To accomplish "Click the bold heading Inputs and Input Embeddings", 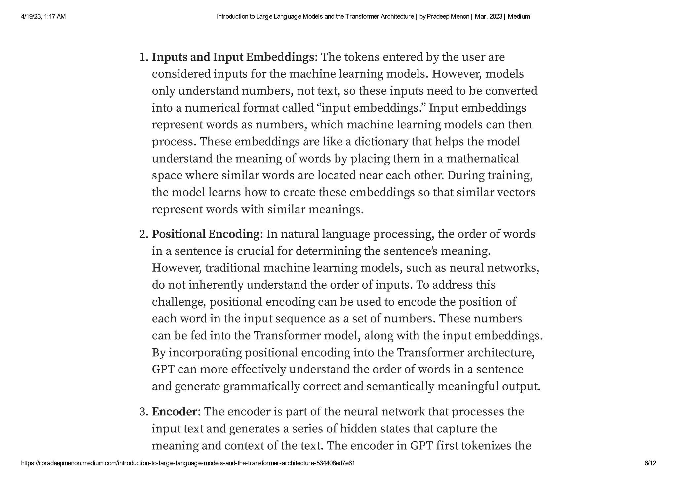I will (233, 57).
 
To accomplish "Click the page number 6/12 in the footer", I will (650, 463).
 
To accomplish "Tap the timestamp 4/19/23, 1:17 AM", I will (43, 16).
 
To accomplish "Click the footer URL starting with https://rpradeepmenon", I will (188, 463).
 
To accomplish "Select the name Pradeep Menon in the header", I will (448, 16).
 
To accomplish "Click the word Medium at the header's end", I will (519, 16).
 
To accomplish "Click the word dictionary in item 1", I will (381, 142).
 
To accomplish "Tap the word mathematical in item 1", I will (482, 159).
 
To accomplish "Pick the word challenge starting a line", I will (179, 302).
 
